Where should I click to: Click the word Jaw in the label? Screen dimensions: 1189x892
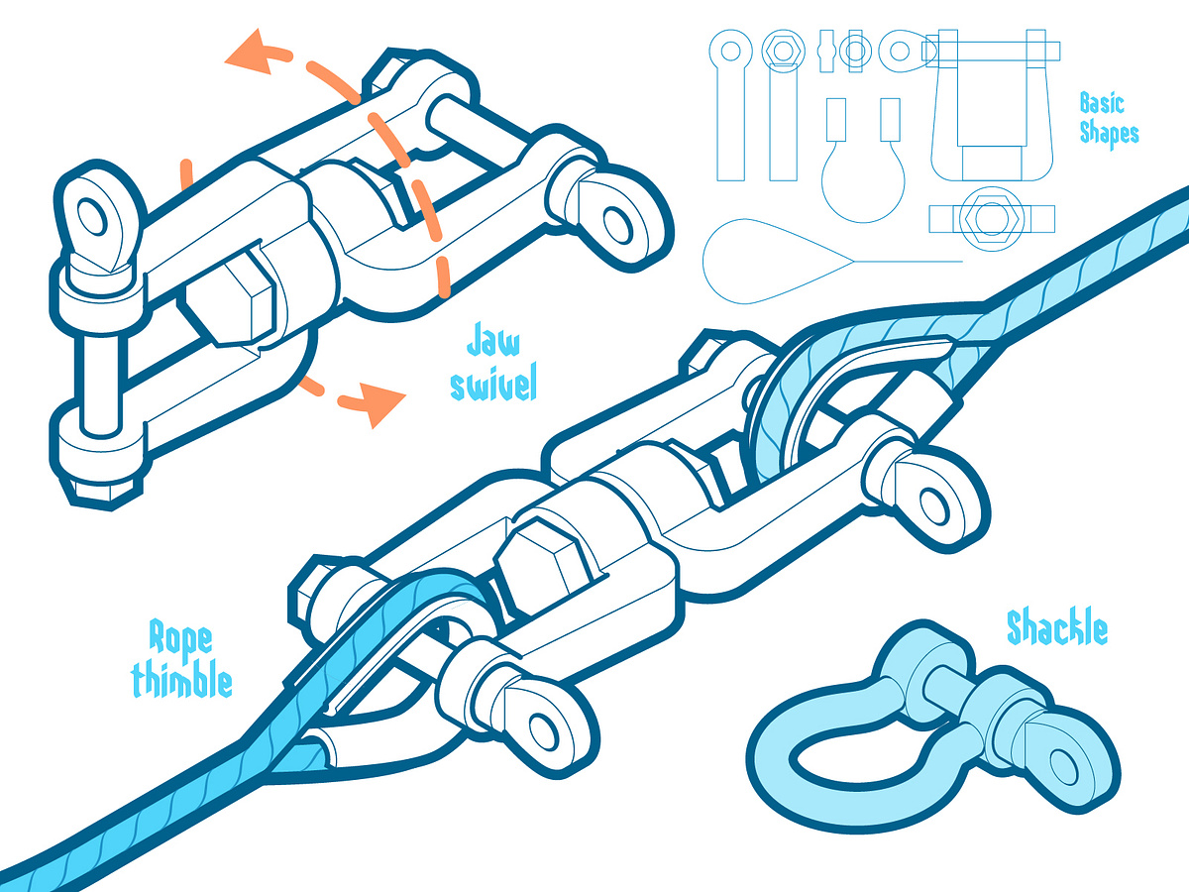coord(492,340)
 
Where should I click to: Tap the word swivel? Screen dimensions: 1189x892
coord(493,383)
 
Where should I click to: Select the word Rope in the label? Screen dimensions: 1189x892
coord(180,641)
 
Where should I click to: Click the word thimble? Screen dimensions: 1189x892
coord(182,678)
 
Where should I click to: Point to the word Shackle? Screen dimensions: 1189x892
coord(1057,627)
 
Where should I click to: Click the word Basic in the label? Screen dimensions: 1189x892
coord(1102,103)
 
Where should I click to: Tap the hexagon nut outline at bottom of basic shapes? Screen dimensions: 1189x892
coord(991,218)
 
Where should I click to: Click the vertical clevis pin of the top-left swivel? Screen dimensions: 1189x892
coord(101,382)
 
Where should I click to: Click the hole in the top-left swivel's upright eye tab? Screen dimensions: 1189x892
coord(92,217)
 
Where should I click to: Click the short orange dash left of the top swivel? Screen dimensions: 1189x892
coord(186,175)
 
